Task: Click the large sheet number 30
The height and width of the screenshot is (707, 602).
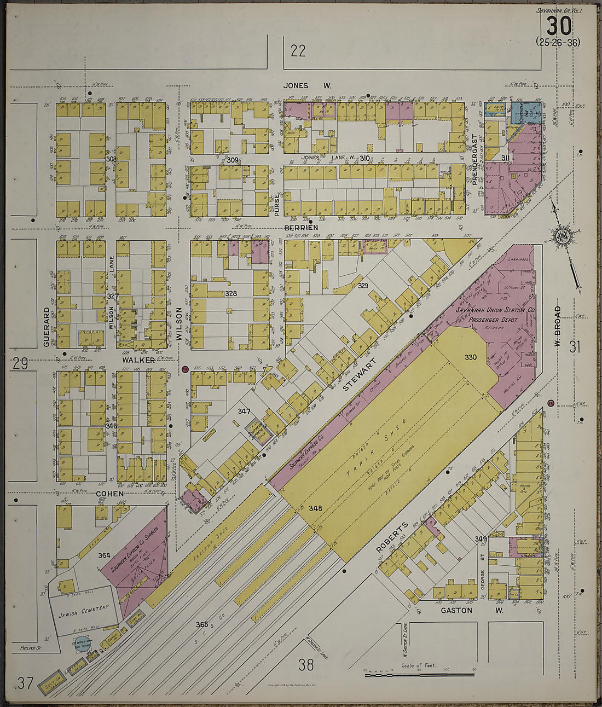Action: tap(558, 25)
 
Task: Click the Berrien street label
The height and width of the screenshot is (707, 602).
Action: tap(298, 226)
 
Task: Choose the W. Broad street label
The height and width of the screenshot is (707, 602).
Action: tap(558, 323)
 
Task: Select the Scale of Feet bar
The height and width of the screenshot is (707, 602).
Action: tap(419, 675)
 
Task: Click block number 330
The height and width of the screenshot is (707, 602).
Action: tap(471, 357)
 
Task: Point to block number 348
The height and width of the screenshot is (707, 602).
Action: tap(315, 508)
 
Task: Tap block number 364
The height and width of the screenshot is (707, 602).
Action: tap(104, 555)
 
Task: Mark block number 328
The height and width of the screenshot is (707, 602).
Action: tap(231, 294)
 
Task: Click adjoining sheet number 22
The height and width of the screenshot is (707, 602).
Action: tap(298, 51)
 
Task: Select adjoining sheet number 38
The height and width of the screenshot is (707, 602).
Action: tap(306, 665)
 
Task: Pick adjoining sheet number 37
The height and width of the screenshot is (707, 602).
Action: tap(25, 683)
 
